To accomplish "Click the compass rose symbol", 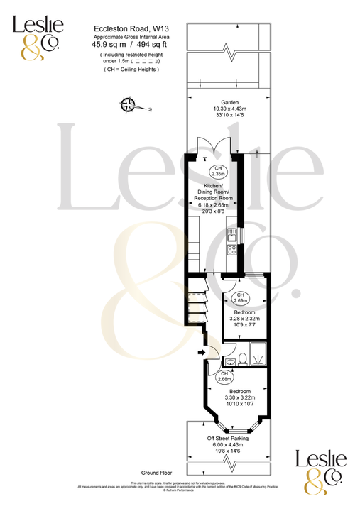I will point(129,106).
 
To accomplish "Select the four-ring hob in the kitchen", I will point(231,250).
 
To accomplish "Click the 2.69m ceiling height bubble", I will point(240,297).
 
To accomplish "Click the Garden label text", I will point(229,102).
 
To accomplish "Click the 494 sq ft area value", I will point(146,45).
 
